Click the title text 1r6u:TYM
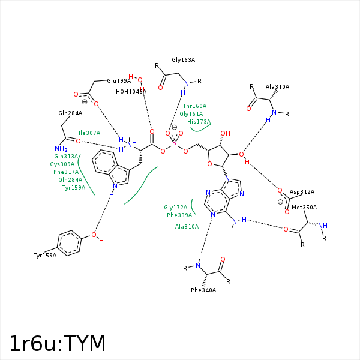[x=58, y=343]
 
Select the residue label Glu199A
[x=119, y=81]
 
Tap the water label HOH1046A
[x=131, y=92]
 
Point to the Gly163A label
[x=183, y=60]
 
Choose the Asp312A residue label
[x=302, y=192]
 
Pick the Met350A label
[x=304, y=208]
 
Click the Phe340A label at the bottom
[x=203, y=290]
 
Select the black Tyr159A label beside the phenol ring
[x=45, y=256]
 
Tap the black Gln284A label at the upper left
[x=70, y=113]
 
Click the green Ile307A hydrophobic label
[x=89, y=133]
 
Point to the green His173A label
[x=199, y=122]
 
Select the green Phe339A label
[x=179, y=215]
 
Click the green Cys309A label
[x=62, y=164]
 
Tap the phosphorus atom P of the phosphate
[x=175, y=145]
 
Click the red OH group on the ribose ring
[x=225, y=133]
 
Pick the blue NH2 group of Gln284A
[x=61, y=149]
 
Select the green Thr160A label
[x=194, y=106]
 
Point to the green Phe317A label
[x=66, y=172]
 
